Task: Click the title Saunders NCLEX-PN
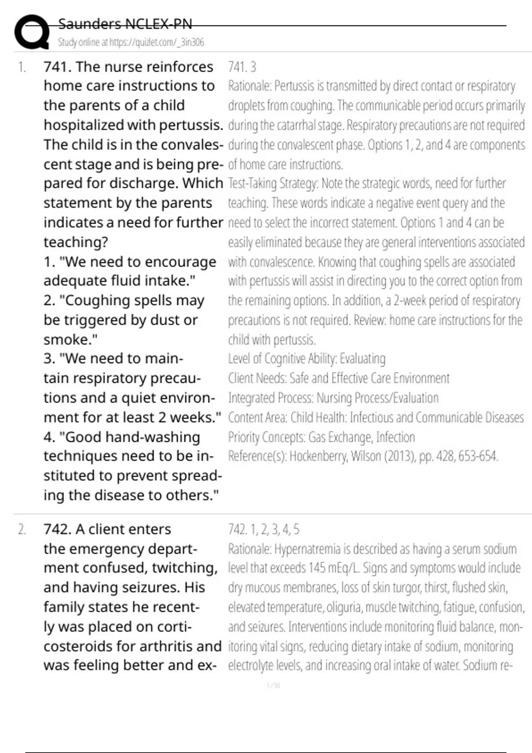tap(125, 24)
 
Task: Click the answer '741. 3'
tap(242, 67)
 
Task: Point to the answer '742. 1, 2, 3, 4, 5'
tap(264, 529)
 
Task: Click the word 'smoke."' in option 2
tap(70, 340)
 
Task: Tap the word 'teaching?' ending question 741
tap(76, 242)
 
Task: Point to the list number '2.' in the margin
tap(22, 529)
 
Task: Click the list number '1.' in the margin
tap(22, 67)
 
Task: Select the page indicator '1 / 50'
tap(273, 686)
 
